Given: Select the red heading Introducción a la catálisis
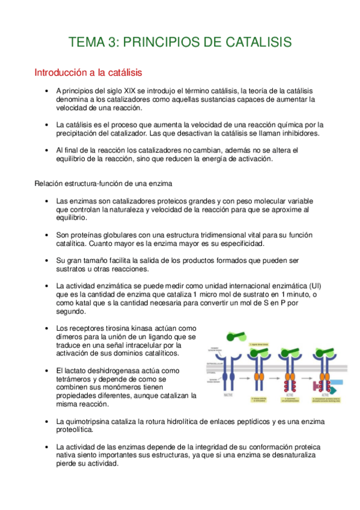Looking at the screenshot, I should tap(88, 73).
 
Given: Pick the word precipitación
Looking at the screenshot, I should tap(78, 133).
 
